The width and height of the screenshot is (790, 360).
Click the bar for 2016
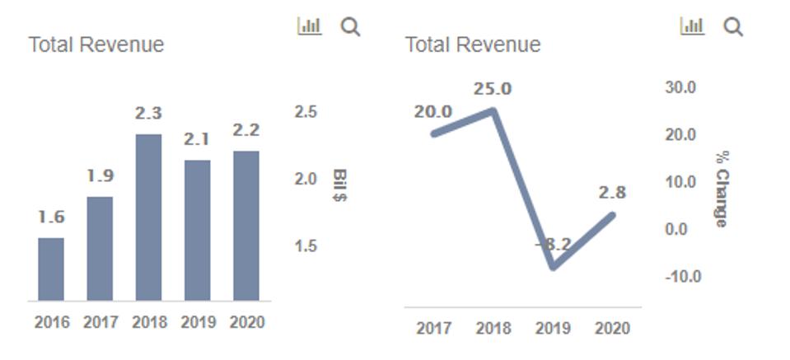51,269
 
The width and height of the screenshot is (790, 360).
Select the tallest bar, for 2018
148,217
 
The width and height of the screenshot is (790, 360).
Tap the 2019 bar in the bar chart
197,230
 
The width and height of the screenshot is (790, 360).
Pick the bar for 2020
245,226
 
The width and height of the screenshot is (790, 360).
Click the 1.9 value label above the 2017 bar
100,175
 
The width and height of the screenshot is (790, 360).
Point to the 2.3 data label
148,114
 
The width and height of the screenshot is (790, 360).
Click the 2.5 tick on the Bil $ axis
306,111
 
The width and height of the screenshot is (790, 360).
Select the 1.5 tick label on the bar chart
306,245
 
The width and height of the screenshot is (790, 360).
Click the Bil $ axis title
339,185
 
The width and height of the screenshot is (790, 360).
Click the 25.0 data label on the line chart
493,88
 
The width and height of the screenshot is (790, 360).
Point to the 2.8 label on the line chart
612,193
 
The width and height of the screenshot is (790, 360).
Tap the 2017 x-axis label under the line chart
433,328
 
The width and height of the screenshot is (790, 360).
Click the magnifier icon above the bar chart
351,26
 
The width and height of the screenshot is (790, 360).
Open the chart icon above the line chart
692,26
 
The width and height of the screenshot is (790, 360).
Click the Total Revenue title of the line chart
473,44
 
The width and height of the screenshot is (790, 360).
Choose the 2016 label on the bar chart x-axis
51,322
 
